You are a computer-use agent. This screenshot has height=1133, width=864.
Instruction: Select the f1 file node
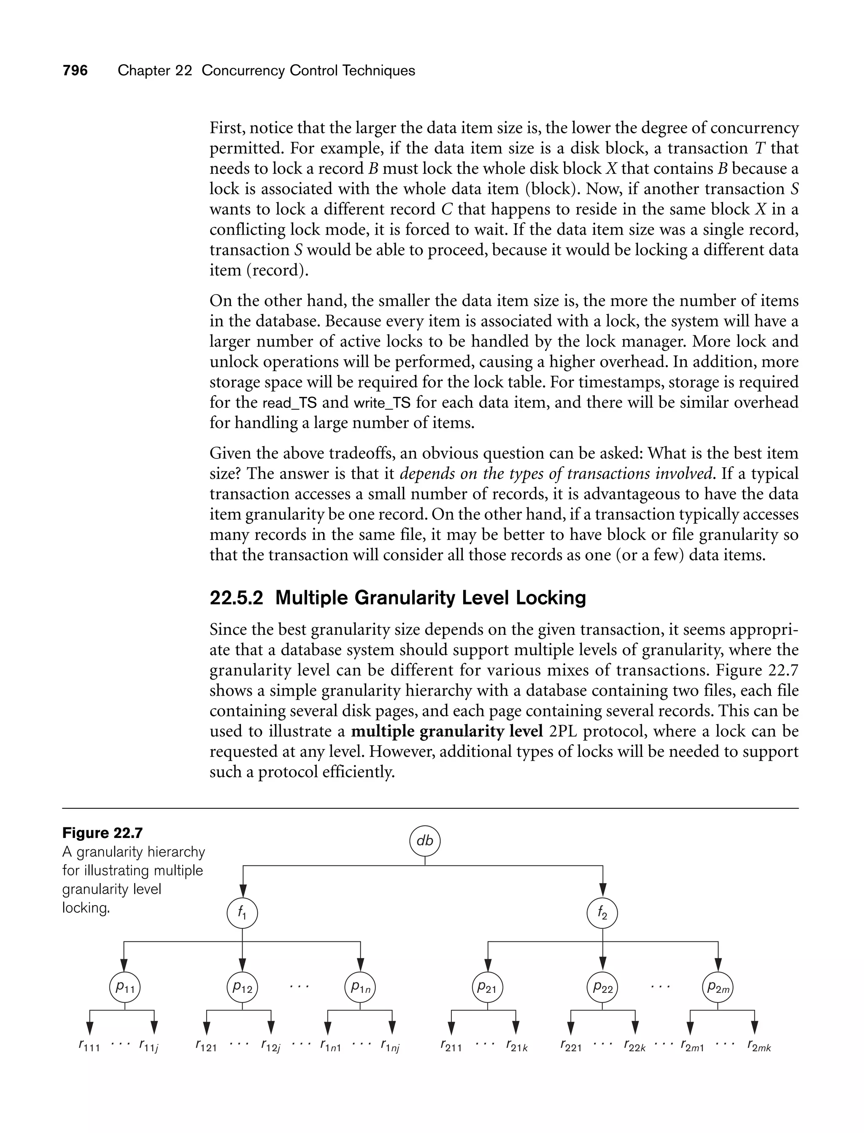tap(242, 913)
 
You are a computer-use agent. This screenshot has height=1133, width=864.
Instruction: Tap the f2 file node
tap(602, 913)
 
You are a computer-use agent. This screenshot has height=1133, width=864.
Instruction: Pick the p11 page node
tap(125, 987)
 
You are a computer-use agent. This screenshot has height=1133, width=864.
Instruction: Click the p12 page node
tap(242, 987)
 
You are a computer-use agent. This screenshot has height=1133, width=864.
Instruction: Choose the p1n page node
tap(361, 987)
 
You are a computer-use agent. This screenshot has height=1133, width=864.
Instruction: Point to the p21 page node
tap(487, 987)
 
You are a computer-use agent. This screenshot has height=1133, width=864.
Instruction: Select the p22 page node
tap(603, 987)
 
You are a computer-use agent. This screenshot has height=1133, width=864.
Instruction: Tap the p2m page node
tap(718, 987)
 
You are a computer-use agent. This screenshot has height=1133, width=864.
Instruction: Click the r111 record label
tap(89, 1046)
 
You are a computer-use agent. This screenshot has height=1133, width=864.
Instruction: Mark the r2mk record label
tap(759, 1046)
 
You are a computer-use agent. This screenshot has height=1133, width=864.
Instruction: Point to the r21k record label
tap(516, 1046)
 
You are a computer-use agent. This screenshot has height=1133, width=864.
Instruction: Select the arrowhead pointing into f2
tap(603, 889)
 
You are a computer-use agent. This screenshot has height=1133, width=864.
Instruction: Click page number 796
tap(75, 70)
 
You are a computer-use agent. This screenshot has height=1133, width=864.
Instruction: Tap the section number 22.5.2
tap(236, 598)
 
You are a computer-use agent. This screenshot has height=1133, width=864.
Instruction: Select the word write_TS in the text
tap(382, 403)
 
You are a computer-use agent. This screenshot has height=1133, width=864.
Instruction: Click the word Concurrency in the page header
tap(243, 70)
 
